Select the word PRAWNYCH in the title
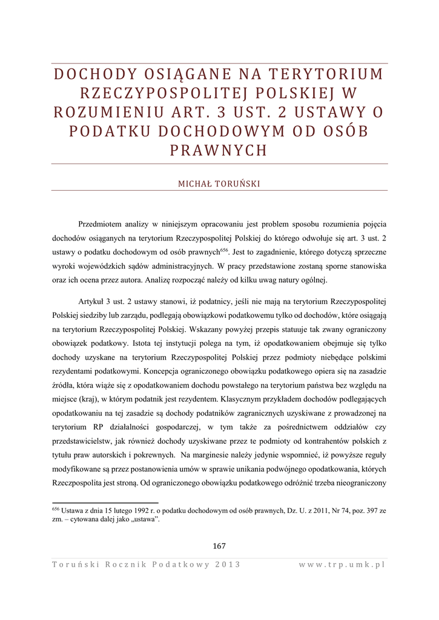tap(219, 151)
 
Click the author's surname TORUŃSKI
tap(237, 184)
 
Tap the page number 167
tap(219, 546)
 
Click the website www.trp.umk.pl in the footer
tap(342, 564)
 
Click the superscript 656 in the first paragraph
tap(223, 249)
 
